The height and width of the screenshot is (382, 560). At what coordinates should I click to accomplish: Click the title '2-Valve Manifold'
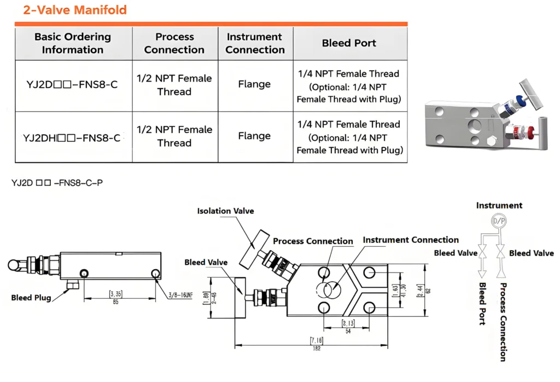pos(75,10)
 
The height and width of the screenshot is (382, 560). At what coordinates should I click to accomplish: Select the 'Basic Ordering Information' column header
pos(73,43)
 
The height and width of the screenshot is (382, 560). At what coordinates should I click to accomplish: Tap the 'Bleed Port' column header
pos(349,43)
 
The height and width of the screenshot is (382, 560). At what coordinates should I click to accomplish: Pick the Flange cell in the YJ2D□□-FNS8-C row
pos(254,84)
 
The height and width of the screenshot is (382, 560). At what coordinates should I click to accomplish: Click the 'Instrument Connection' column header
pos(255,43)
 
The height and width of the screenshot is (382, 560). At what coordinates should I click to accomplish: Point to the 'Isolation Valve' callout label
pos(225,211)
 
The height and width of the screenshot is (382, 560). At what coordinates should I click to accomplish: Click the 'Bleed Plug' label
pos(31,298)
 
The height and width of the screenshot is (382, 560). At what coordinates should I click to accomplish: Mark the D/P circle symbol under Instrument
pos(499,221)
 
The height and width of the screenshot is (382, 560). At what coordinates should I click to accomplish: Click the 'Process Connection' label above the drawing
pos(313,241)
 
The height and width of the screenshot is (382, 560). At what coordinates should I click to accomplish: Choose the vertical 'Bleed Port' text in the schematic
pos(482,304)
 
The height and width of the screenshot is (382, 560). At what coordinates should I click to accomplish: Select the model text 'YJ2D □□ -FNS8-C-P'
pos(57,183)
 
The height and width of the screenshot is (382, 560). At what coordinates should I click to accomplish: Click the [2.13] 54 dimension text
pos(349,326)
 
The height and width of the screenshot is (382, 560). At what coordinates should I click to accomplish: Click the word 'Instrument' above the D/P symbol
pos(499,206)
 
